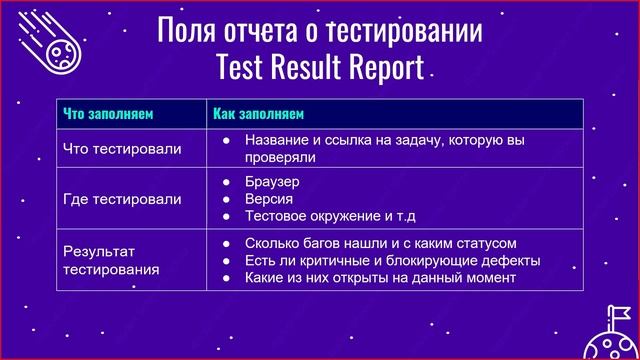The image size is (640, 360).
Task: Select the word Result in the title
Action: pos(295,67)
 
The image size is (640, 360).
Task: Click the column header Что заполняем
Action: pos(107,113)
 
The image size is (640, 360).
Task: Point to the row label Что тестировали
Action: pos(122,149)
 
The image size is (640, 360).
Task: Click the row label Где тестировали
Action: pos(122,199)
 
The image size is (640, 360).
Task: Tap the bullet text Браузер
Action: pos(272,182)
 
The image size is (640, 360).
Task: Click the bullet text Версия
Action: pos(267,199)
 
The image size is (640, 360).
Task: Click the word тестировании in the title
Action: pos(414,31)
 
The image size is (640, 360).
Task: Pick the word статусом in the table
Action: pos(485,243)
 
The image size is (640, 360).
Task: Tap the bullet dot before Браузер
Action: pos(227,182)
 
